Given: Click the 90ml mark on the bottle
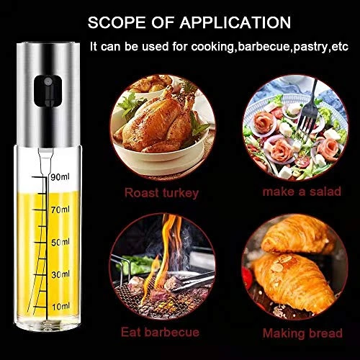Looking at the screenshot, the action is [60, 177].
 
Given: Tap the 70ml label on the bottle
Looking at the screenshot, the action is [60, 210].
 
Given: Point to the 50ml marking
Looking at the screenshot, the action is [60, 243].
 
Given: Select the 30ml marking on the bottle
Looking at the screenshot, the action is [60, 274].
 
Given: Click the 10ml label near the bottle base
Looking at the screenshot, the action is [60, 307].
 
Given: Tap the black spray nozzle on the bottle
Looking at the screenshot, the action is [48, 91].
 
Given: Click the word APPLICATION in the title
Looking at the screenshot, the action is [235, 22].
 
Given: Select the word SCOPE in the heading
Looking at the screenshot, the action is [117, 22].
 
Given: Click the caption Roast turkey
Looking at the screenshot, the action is [161, 193].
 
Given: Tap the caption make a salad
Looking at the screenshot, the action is [302, 192].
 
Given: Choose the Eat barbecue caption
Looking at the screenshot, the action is [160, 333].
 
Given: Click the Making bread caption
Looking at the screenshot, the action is [302, 333].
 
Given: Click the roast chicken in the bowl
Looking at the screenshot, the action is [156, 122].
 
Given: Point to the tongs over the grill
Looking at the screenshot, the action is [192, 281].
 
